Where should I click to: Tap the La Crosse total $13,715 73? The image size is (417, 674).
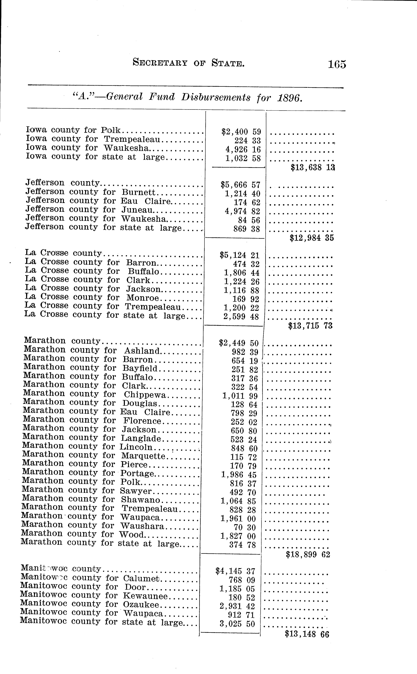point(310,326)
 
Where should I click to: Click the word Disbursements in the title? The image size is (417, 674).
point(216,97)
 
